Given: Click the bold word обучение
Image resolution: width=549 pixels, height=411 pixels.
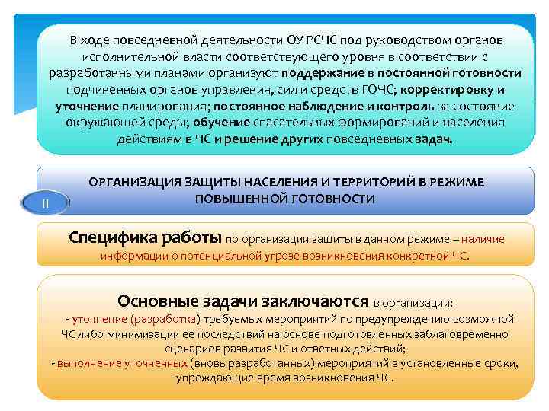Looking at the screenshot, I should tap(219, 123).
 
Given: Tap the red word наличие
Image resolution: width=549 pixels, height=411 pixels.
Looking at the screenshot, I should tap(482, 239).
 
